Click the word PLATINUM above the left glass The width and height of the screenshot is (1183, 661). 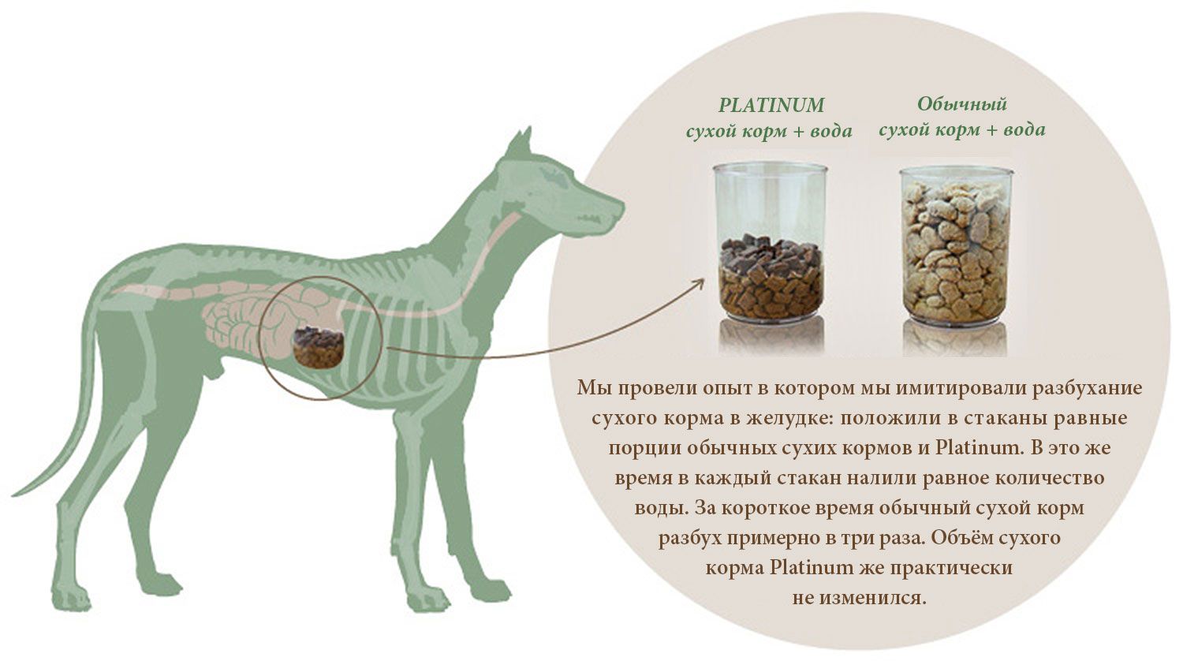click(x=771, y=105)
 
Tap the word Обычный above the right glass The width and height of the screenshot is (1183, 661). click(x=961, y=105)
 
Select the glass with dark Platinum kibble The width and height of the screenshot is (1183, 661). click(x=771, y=242)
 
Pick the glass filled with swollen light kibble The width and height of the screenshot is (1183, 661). click(x=957, y=245)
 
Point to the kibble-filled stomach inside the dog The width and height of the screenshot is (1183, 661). click(x=319, y=346)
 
